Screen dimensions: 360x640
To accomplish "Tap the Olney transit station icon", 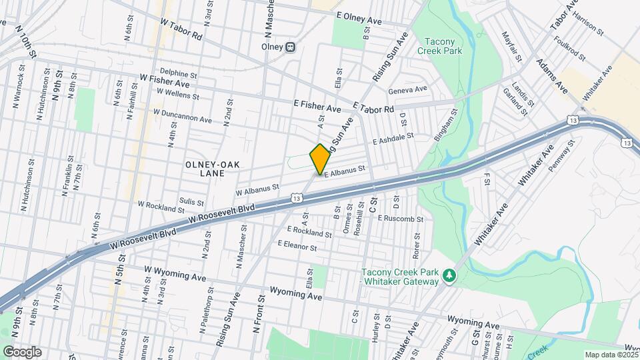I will (291, 47).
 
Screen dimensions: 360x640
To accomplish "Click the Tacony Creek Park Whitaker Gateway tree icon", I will (450, 275).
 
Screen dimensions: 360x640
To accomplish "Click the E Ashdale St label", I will (393, 138).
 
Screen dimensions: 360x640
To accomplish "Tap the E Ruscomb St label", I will (401, 218).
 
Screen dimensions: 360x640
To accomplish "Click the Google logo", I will (21, 352).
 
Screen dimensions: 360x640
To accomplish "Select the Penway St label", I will (560, 159).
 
